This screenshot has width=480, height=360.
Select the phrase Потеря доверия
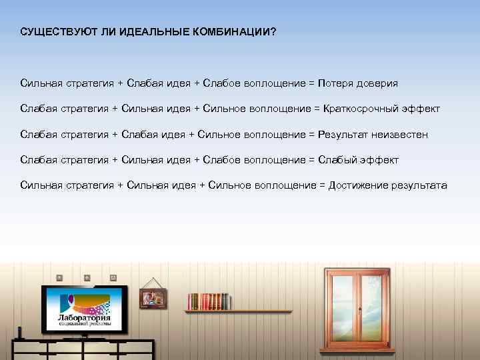point(358,83)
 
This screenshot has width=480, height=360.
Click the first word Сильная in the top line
point(41,83)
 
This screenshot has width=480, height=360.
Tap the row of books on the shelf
point(208,301)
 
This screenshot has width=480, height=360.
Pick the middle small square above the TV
point(87,277)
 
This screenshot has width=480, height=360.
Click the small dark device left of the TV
point(20,332)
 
